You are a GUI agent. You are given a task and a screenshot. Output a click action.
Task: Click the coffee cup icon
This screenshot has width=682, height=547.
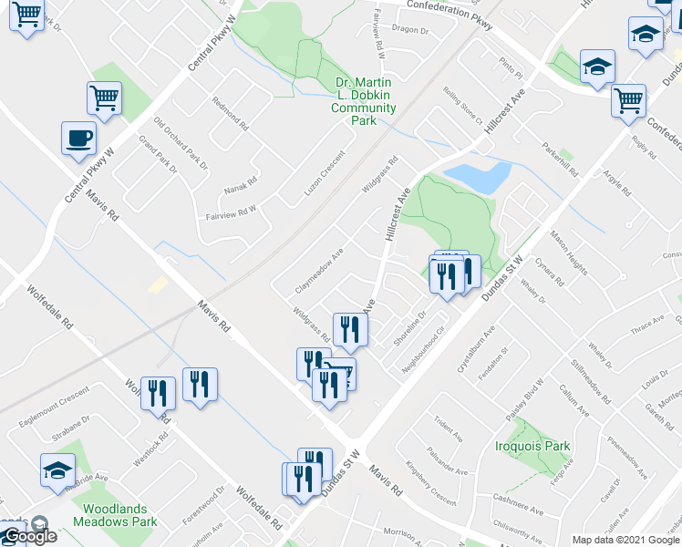[x=78, y=139]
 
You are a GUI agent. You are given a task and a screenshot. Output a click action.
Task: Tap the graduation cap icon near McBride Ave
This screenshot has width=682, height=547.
[x=57, y=470]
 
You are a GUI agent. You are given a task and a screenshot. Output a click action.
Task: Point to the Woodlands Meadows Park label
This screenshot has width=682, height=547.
[x=119, y=515]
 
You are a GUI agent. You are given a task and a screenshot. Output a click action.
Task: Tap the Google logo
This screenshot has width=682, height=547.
[x=29, y=536]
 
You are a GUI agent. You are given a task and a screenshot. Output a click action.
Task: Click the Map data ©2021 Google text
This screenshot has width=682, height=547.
[x=625, y=540]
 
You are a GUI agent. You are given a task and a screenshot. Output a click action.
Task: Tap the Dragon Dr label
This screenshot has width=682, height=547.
[x=409, y=30]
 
